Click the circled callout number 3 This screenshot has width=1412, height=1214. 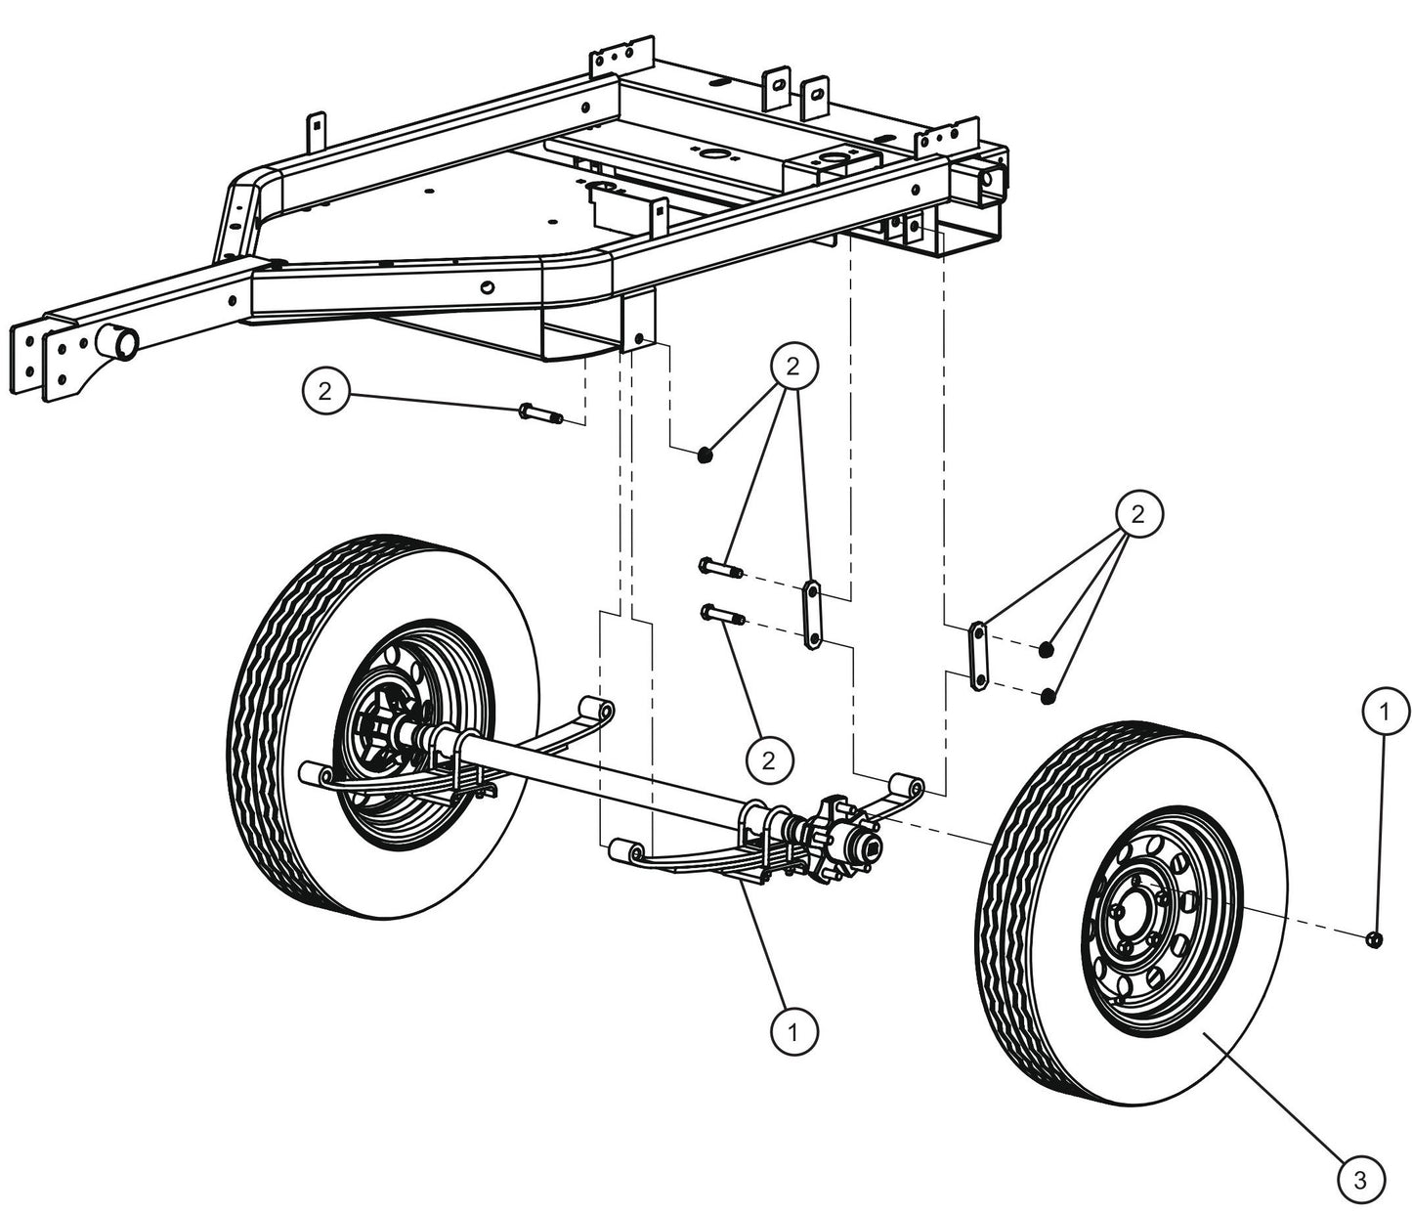coord(1359,1180)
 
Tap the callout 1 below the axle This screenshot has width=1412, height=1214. coord(794,1031)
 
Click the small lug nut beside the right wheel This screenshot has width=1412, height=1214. coord(1374,939)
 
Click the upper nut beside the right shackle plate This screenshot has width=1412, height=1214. coord(1046,649)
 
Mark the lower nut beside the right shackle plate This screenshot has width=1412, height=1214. coord(1048,696)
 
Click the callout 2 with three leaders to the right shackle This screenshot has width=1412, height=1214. coord(1136,515)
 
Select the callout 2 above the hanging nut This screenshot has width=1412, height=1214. coord(792,365)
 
